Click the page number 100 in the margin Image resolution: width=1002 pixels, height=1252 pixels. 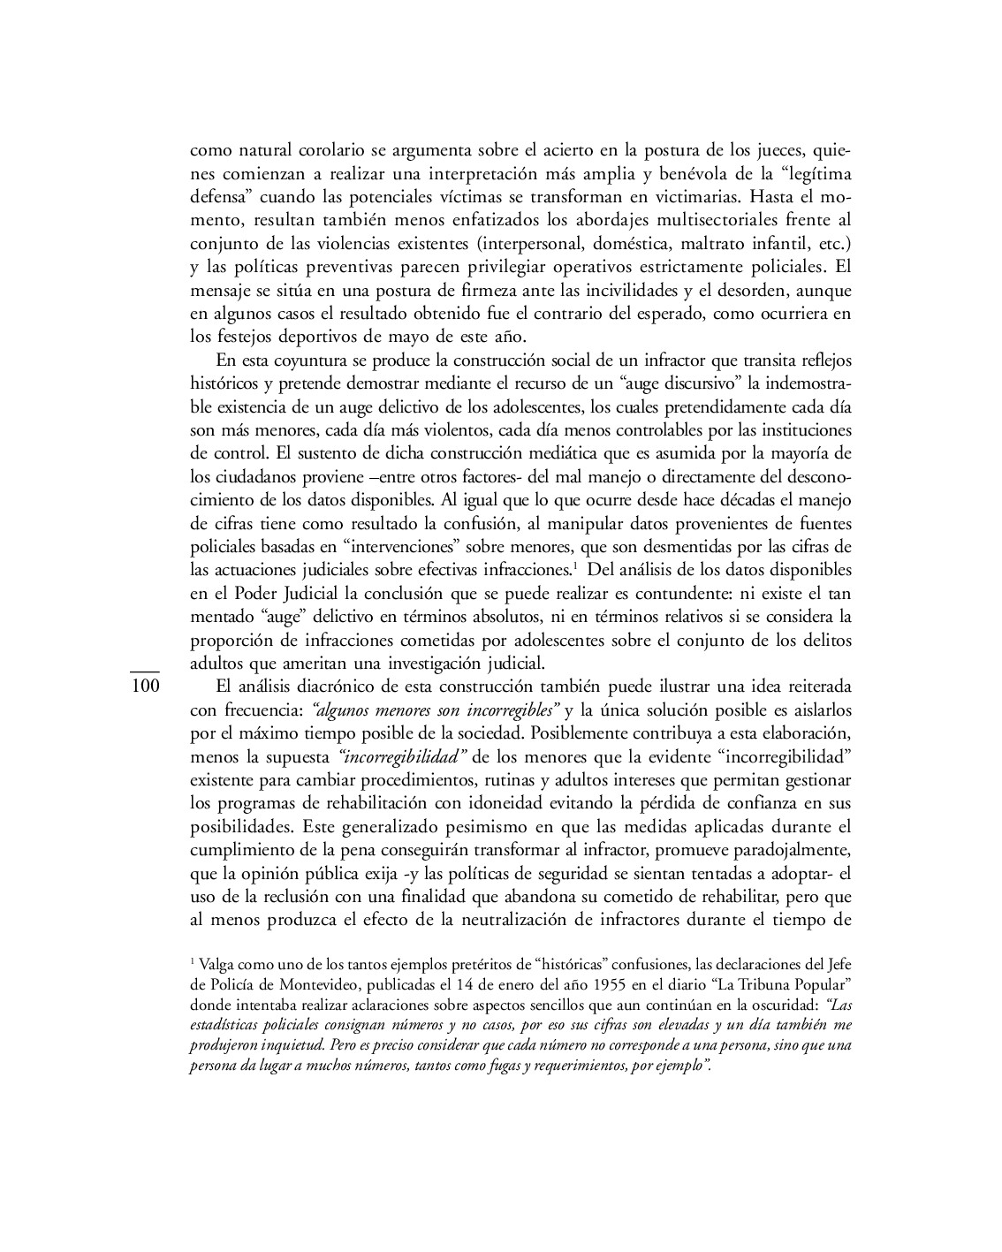point(143,687)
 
